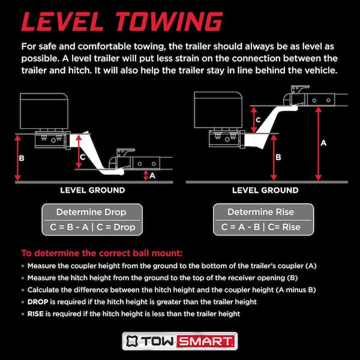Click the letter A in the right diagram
tap(323, 143)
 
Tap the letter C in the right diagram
tap(258, 119)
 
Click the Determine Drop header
tap(92, 212)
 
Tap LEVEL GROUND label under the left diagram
tap(92, 190)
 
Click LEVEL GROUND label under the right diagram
tap(265, 190)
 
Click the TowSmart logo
tap(180, 341)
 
